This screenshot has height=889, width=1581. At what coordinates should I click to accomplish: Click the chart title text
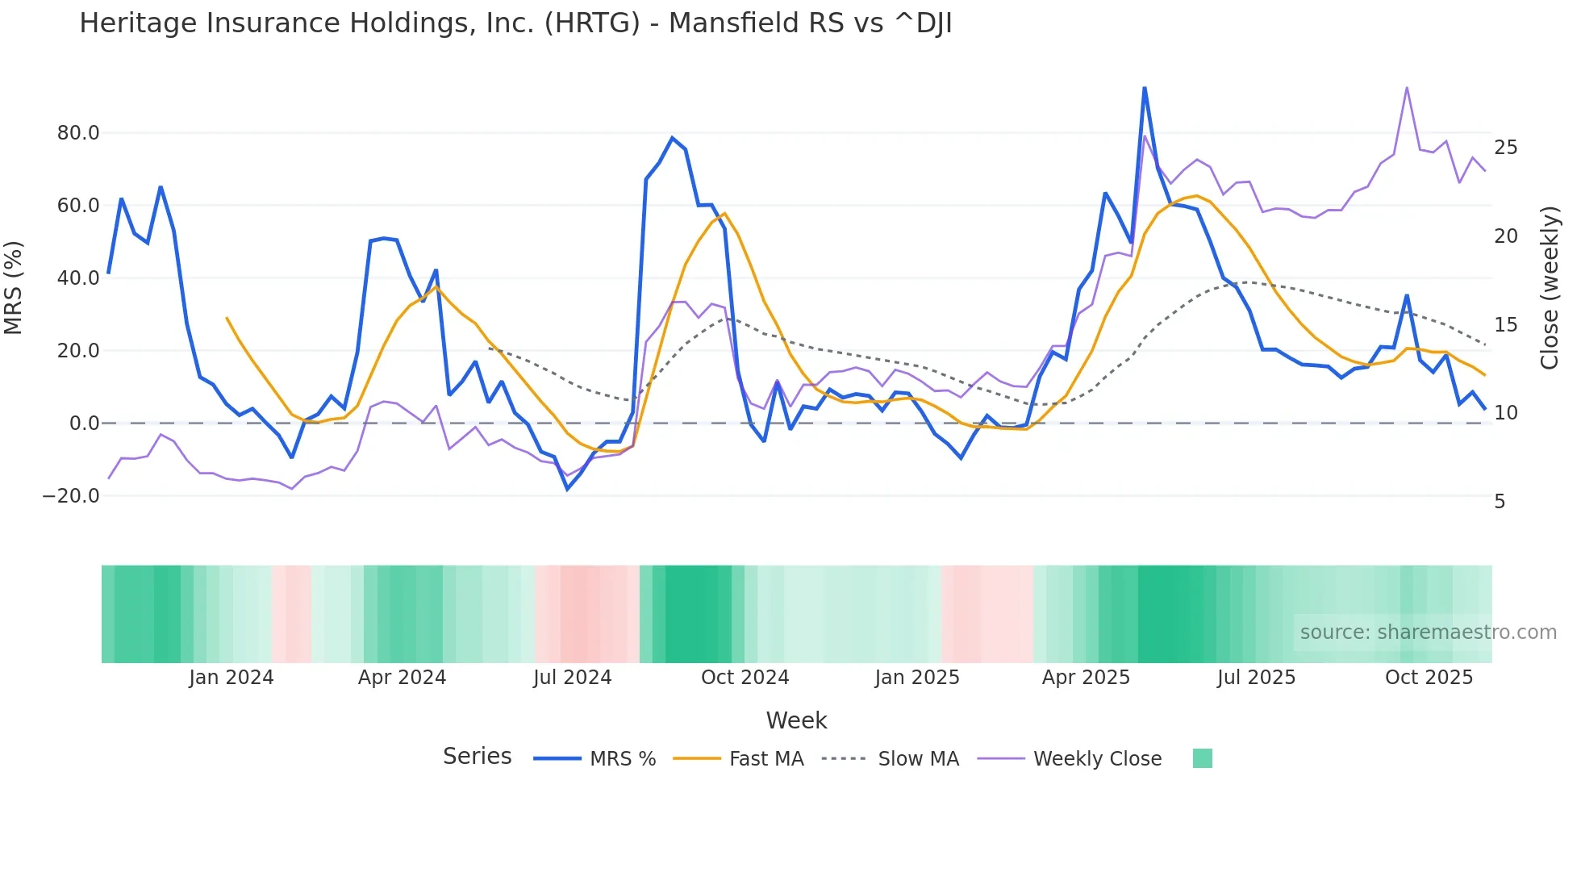[515, 23]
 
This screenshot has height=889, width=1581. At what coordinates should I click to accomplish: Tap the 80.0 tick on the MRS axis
[78, 133]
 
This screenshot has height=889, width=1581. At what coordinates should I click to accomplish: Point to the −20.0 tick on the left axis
[71, 496]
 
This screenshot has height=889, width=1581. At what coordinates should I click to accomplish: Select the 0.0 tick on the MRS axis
[84, 424]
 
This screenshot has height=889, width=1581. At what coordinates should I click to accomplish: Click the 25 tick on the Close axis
[1505, 148]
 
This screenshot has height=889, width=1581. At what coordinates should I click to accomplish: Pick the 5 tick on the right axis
[1500, 502]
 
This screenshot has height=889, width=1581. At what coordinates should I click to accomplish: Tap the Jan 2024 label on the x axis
[232, 678]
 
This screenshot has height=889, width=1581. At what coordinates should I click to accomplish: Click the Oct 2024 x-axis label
[745, 678]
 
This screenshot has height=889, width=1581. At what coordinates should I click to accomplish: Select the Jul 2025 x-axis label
[1256, 678]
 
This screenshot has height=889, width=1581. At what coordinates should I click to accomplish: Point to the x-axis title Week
[796, 720]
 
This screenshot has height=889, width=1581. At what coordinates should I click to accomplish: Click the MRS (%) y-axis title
[14, 287]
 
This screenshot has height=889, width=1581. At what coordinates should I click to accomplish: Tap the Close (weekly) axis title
[1550, 287]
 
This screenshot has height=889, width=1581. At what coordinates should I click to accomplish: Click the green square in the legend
[1202, 758]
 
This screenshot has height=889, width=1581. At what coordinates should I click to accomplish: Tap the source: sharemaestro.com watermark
[1428, 632]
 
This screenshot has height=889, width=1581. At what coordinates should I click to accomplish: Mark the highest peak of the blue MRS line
[1145, 88]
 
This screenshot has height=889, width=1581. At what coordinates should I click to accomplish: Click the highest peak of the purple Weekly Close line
[1407, 88]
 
